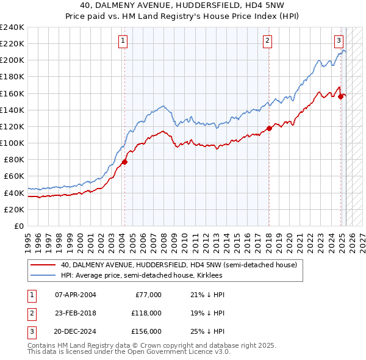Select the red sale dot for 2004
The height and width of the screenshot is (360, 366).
(124, 162)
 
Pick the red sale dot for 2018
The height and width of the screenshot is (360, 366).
(269, 128)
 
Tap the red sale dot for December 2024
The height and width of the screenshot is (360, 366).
(340, 96)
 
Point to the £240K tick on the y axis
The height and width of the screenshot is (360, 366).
(12, 27)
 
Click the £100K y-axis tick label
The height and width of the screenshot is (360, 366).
(12, 143)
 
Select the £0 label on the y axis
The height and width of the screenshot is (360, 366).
(18, 226)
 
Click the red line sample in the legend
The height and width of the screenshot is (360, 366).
(43, 265)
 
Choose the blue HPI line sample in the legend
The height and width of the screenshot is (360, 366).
(43, 275)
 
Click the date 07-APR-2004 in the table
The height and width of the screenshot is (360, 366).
(76, 295)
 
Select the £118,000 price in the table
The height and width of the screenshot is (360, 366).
(148, 313)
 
